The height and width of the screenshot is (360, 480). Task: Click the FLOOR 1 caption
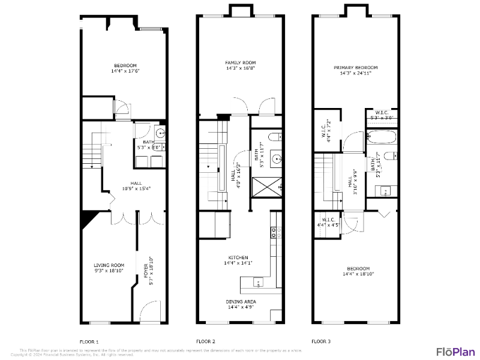click(x=89, y=341)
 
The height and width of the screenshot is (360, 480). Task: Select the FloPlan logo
click(x=455, y=351)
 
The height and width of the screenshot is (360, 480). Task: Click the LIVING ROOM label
click(x=109, y=265)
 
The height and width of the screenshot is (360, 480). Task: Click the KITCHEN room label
click(x=238, y=257)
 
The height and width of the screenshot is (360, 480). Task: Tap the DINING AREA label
click(x=241, y=302)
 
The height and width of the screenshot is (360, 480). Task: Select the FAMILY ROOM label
click(x=241, y=62)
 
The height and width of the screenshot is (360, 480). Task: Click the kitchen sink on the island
click(x=258, y=281)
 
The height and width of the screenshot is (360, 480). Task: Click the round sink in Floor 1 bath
click(x=160, y=134)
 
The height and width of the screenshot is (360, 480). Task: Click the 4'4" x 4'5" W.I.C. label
click(x=328, y=223)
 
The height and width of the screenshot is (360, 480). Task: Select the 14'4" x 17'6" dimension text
click(x=125, y=71)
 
